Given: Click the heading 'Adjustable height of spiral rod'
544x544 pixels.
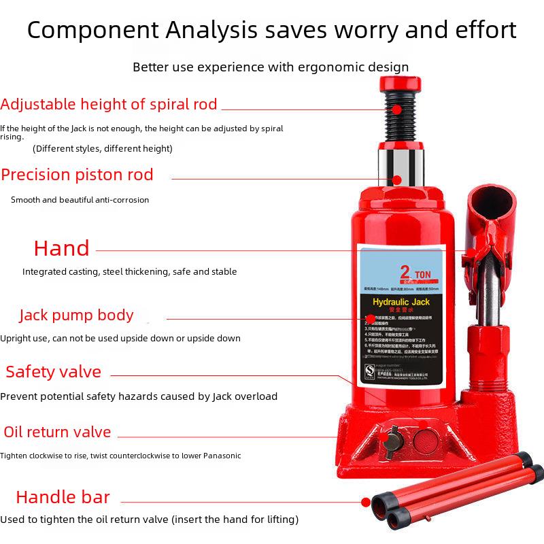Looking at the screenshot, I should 109,105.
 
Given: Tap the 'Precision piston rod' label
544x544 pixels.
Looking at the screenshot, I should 77,175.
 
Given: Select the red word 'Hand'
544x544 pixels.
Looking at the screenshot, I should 62,249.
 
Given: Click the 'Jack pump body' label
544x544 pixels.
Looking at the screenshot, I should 76,316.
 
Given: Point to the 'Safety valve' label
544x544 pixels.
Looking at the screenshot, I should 53,372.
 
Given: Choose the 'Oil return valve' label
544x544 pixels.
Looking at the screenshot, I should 57,432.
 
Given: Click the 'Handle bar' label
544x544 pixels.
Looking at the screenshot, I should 63,497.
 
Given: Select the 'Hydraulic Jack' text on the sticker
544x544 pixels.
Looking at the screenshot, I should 402,301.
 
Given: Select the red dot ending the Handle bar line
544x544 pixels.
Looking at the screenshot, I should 365,503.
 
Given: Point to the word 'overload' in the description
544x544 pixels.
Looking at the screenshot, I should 254,396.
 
